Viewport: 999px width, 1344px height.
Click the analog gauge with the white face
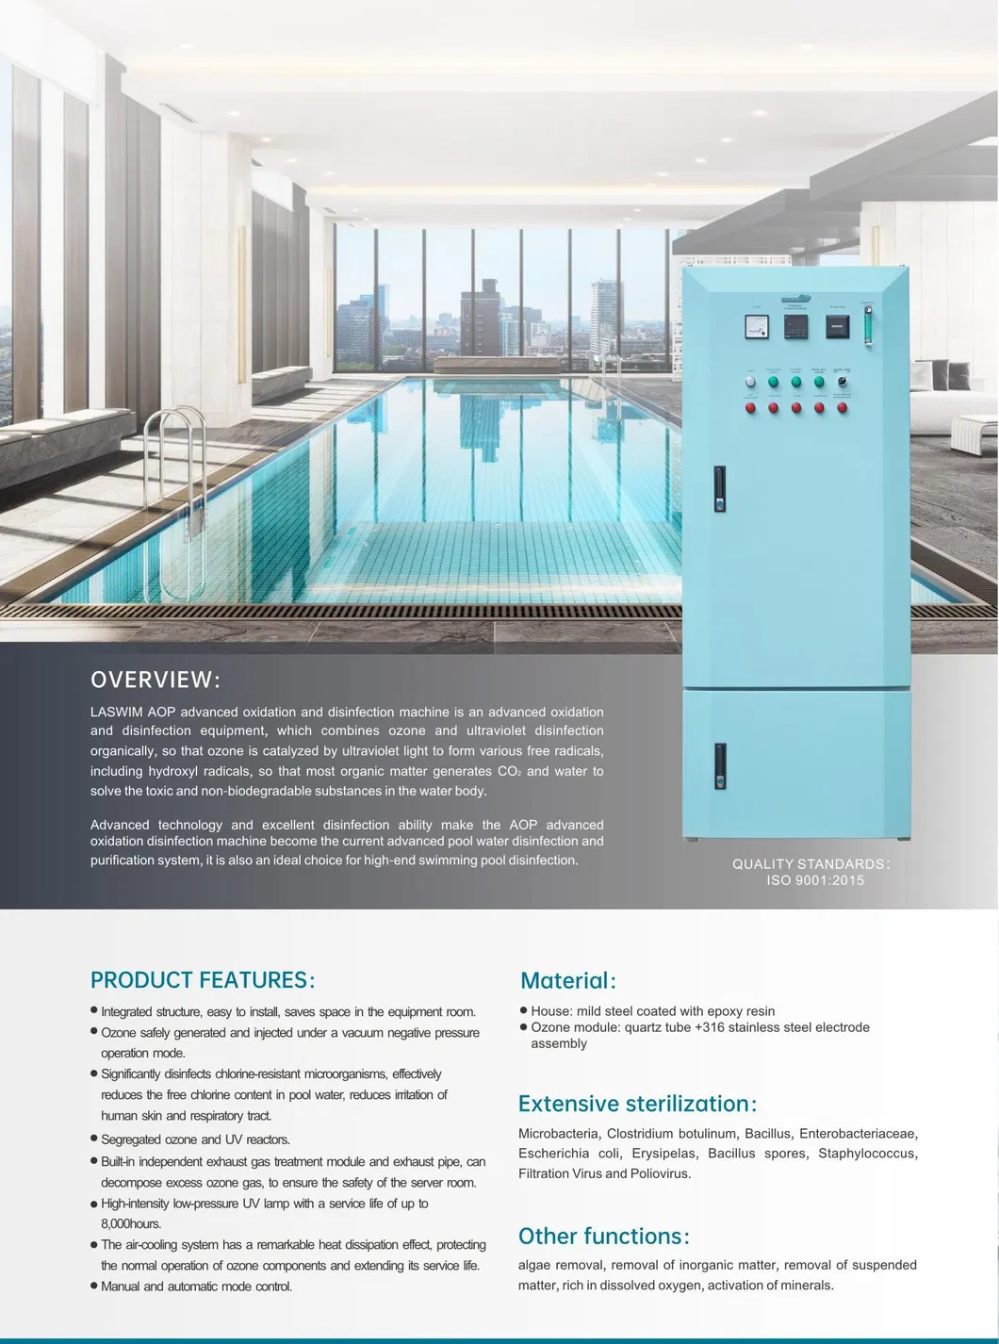[757, 326]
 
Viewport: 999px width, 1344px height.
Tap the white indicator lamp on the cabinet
[750, 382]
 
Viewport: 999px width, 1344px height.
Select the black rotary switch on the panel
[842, 382]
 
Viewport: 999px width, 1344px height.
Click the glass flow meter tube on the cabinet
[868, 320]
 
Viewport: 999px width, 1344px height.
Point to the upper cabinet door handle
[720, 489]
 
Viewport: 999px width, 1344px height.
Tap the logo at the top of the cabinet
[796, 300]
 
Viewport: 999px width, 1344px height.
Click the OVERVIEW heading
[155, 680]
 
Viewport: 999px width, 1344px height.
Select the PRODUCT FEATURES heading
[203, 980]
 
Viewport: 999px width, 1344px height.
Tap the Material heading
[567, 981]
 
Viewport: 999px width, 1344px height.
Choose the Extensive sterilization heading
[637, 1104]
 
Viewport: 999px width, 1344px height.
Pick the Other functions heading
[603, 1236]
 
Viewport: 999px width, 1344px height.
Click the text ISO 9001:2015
[814, 880]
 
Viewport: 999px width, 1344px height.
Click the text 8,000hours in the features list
[131, 1223]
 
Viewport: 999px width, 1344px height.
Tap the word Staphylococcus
[867, 1153]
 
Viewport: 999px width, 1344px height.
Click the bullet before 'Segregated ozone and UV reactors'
[94, 1139]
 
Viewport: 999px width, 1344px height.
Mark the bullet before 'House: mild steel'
[523, 1010]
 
